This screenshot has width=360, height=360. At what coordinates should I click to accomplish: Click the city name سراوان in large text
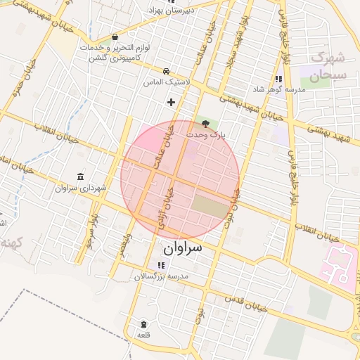coord(182,248)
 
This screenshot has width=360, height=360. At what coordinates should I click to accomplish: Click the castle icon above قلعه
coord(144,324)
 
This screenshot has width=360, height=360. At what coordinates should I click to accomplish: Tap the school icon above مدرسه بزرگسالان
coord(162,266)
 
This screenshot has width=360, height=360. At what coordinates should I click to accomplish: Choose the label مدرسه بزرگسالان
coord(162,277)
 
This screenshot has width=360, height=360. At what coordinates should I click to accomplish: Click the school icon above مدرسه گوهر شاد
coord(278,79)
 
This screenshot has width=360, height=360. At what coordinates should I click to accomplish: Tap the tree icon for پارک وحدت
coord(205,124)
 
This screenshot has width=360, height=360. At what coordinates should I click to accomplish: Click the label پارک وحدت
coord(205,134)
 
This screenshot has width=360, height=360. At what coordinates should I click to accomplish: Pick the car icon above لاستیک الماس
coord(165,71)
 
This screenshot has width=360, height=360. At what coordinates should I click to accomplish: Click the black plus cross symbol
coord(171,102)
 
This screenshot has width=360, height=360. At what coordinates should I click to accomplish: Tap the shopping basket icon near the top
coord(115,37)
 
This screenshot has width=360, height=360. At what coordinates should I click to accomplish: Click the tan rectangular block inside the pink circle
coord(210,206)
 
